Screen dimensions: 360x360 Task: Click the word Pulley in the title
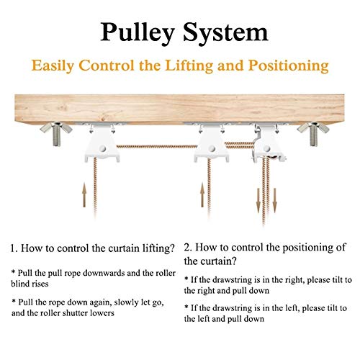[x=137, y=33]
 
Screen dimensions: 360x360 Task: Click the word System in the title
[x=226, y=32]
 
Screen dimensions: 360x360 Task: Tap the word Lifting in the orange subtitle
[x=189, y=66]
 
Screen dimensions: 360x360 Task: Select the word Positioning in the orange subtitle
[x=289, y=66]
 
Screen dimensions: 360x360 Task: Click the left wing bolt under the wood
[x=56, y=133]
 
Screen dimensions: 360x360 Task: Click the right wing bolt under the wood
[x=312, y=133]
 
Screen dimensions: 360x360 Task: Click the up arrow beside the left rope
[x=84, y=194]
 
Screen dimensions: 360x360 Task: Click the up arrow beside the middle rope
[x=202, y=194]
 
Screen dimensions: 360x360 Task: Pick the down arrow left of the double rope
[x=258, y=200]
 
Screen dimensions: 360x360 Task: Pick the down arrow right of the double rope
[x=275, y=200]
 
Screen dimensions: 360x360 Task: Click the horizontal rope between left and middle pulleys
[x=157, y=146]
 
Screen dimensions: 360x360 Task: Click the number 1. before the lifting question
[x=14, y=248]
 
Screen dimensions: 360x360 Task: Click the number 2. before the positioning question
[x=188, y=248]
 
